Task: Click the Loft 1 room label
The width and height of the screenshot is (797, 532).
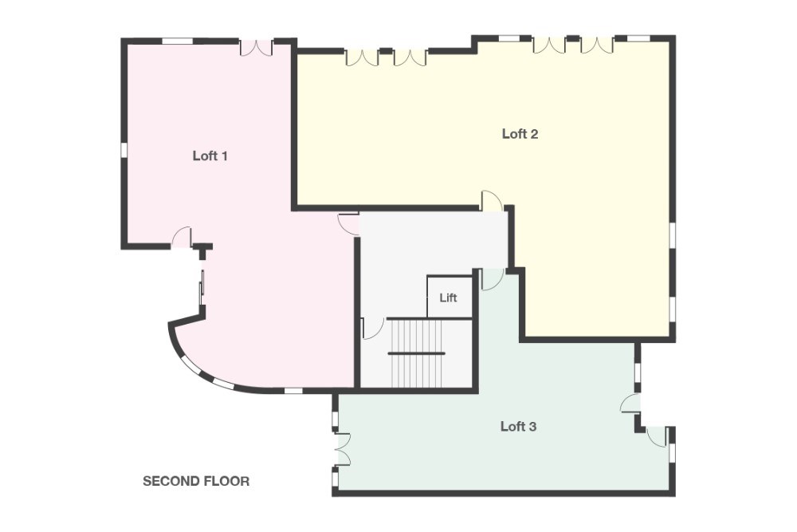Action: [x=210, y=156]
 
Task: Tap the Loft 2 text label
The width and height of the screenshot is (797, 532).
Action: [x=520, y=133]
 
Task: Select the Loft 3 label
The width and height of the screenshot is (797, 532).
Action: [x=518, y=426]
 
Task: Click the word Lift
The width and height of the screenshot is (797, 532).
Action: [x=448, y=298]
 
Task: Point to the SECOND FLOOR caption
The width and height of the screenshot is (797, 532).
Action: [x=196, y=481]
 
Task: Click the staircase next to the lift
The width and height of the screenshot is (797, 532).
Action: [x=416, y=352]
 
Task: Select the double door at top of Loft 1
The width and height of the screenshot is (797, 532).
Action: [x=257, y=47]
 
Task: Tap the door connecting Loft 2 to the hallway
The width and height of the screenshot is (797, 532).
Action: [x=492, y=202]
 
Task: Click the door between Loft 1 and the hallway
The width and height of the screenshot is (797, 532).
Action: [x=347, y=223]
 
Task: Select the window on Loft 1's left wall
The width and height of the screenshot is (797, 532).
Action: [x=124, y=149]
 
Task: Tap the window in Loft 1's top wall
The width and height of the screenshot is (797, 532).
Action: [x=177, y=41]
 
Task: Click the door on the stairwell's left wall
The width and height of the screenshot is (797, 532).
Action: [x=367, y=328]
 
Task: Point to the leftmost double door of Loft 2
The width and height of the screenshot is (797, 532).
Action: [x=362, y=56]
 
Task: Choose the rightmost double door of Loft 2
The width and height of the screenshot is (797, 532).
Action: [x=596, y=45]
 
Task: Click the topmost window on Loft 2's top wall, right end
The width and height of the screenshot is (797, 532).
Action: [x=634, y=37]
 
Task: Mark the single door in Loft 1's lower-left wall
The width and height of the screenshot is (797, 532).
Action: [x=183, y=238]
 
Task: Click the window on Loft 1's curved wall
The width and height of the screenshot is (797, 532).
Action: [x=191, y=365]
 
